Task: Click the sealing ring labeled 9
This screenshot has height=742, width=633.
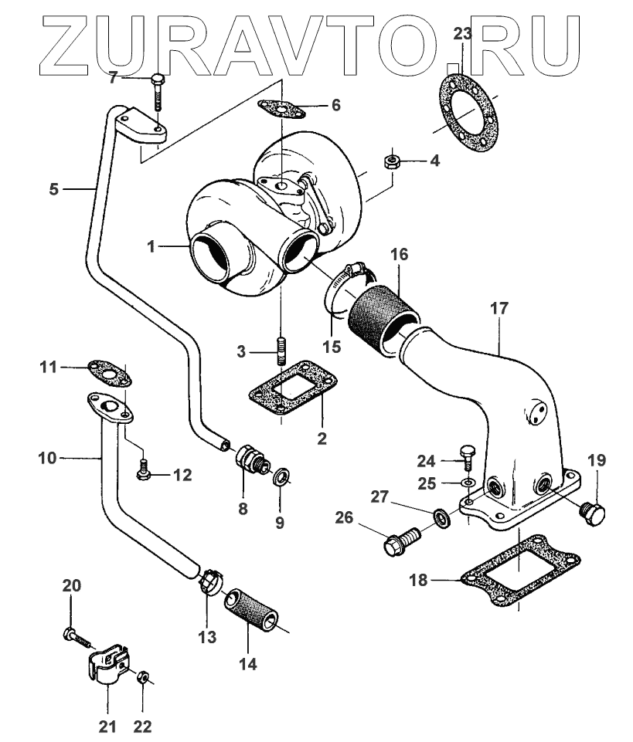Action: point(283,475)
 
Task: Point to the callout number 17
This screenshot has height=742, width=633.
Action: point(499,308)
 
